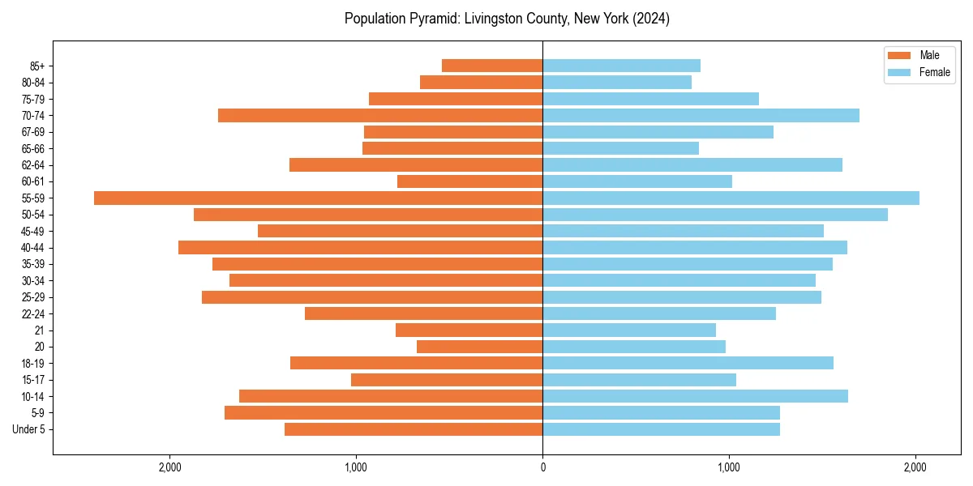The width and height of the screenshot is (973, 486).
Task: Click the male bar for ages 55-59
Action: [x=318, y=198]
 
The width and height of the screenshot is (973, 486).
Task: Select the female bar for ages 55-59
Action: [x=731, y=198]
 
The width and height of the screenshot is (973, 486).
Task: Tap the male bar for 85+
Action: [x=492, y=66]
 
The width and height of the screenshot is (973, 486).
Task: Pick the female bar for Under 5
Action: [x=661, y=429]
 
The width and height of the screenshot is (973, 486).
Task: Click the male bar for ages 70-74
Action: [x=380, y=116]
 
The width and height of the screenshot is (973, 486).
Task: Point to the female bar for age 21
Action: [x=629, y=330]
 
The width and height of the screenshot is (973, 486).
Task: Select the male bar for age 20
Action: [x=480, y=347]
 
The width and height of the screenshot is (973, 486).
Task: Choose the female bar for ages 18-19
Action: [x=688, y=363]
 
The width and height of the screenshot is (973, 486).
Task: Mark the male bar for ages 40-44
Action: [x=360, y=248]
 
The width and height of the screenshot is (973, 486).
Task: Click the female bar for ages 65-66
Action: [x=620, y=148]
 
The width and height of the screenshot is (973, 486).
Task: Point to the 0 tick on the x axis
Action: [x=542, y=467]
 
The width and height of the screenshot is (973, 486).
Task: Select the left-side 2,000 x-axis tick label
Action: [x=169, y=467]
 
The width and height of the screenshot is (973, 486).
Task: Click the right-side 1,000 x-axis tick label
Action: [x=729, y=467]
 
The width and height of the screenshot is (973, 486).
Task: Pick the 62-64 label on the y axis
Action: [x=33, y=165]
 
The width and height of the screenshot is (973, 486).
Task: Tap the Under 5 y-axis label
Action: [x=28, y=429]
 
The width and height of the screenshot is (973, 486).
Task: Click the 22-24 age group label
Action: [x=33, y=313]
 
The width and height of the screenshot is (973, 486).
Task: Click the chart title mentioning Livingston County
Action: [x=507, y=19]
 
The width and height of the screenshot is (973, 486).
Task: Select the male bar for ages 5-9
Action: [x=384, y=413]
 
